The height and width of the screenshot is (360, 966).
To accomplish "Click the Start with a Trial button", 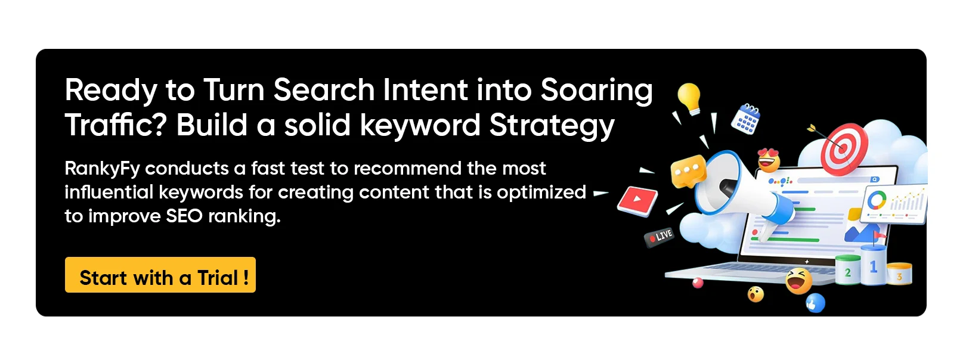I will [x=160, y=275].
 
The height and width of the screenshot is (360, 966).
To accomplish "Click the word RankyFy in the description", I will [x=101, y=169].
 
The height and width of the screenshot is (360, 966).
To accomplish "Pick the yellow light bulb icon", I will [x=689, y=97].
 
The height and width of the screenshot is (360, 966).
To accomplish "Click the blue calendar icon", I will [x=745, y=117].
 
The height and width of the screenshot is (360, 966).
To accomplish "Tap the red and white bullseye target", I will [x=843, y=146].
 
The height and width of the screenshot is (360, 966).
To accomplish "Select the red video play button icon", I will [x=637, y=200].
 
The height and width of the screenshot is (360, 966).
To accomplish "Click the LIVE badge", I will [x=660, y=236].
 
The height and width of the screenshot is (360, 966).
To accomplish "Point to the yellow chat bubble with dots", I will [x=688, y=171].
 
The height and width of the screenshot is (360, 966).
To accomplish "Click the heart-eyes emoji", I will [x=769, y=159].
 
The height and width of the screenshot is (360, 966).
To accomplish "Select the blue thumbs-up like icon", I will [x=815, y=303].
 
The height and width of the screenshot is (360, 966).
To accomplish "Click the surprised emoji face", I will [x=756, y=294].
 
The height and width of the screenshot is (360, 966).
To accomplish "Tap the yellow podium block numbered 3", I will [x=899, y=275].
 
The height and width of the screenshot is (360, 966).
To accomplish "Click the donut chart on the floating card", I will [x=877, y=199].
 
